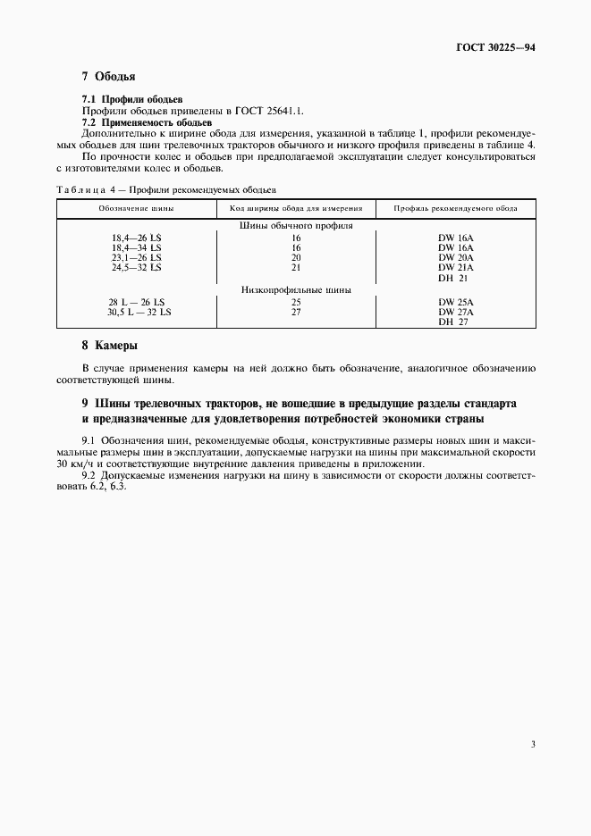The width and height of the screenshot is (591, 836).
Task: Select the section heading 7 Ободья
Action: (x=108, y=77)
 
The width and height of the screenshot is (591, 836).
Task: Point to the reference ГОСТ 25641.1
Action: (x=269, y=111)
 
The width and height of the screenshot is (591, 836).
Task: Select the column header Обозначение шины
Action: (x=137, y=208)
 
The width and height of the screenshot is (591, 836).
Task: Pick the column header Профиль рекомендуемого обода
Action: (x=456, y=208)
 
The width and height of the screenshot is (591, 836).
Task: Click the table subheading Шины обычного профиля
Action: (x=296, y=226)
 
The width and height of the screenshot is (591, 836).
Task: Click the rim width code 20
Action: (x=296, y=257)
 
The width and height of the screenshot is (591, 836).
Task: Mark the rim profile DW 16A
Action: (x=456, y=238)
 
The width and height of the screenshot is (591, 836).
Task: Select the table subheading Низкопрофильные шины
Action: (x=296, y=289)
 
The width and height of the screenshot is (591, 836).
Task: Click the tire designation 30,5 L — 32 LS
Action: (x=139, y=312)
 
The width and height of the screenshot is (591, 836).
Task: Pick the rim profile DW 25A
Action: (x=456, y=302)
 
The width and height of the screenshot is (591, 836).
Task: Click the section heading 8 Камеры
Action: (x=109, y=345)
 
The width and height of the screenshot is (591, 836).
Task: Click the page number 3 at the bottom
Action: (x=532, y=743)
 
